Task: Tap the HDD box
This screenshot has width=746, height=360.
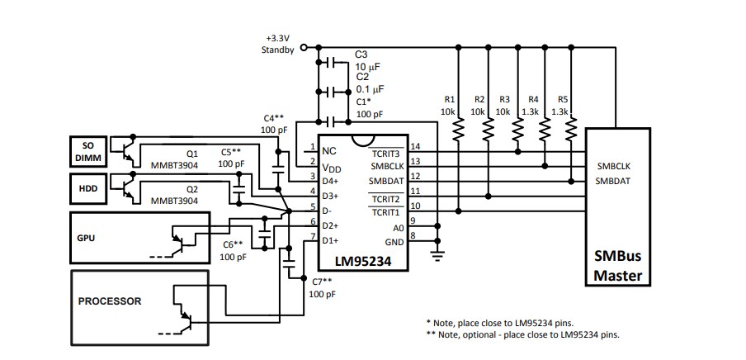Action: click(87, 188)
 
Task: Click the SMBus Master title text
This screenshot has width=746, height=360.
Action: click(616, 266)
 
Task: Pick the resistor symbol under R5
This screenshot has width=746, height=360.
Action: click(570, 128)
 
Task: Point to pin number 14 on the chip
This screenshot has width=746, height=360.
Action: click(415, 146)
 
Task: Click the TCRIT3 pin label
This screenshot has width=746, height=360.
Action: click(384, 153)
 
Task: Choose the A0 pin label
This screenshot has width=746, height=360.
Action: click(398, 226)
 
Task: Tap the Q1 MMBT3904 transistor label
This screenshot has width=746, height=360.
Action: click(186, 158)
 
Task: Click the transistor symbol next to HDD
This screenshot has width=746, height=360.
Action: click(128, 188)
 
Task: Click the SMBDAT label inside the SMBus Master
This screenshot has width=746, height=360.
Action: click(613, 181)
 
